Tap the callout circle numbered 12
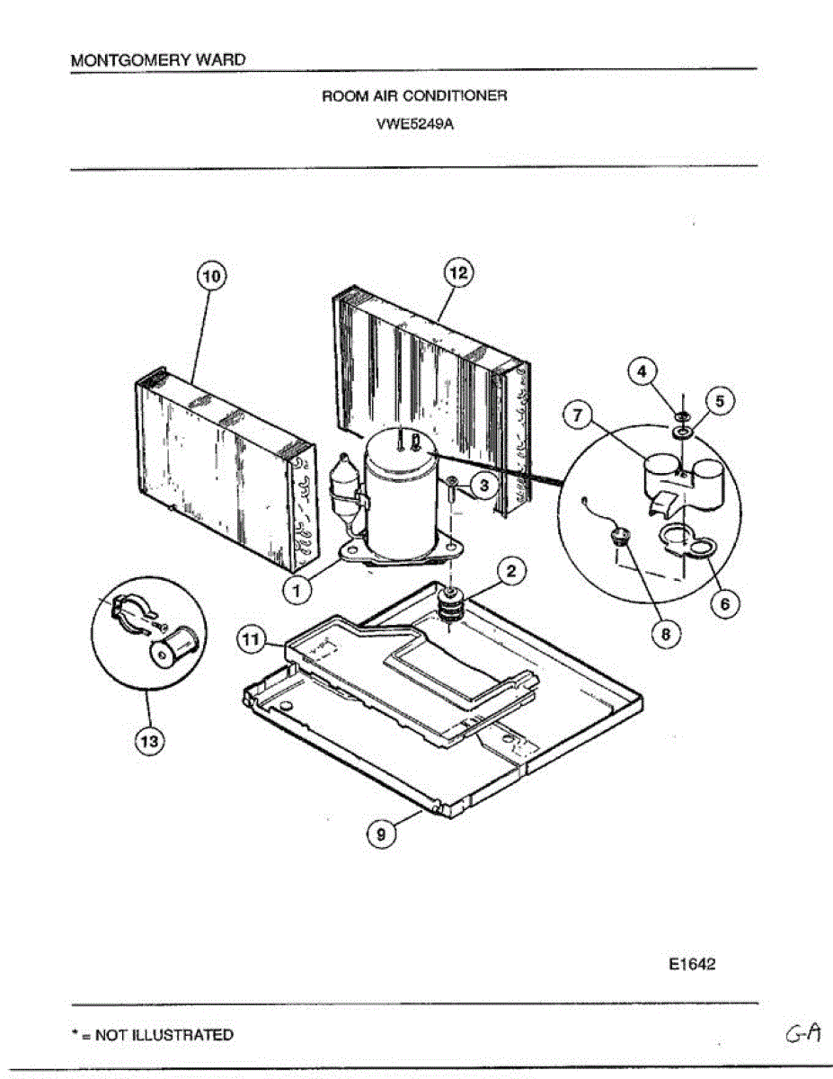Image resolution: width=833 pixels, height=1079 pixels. pyautogui.click(x=459, y=272)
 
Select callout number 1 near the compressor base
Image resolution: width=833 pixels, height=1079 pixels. pyautogui.click(x=297, y=589)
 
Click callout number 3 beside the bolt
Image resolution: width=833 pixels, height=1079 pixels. pyautogui.click(x=483, y=486)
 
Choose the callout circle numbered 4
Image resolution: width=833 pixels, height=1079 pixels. pyautogui.click(x=642, y=370)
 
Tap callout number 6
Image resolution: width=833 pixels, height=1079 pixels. pyautogui.click(x=724, y=603)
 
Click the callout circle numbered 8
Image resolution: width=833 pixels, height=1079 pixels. pyautogui.click(x=666, y=633)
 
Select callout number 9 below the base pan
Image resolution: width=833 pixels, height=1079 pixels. pyautogui.click(x=381, y=834)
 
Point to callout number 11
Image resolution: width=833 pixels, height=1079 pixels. pyautogui.click(x=253, y=639)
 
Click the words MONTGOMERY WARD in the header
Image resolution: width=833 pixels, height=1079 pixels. pyautogui.click(x=157, y=60)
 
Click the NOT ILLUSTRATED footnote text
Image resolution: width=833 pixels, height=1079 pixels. pyautogui.click(x=152, y=1035)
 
